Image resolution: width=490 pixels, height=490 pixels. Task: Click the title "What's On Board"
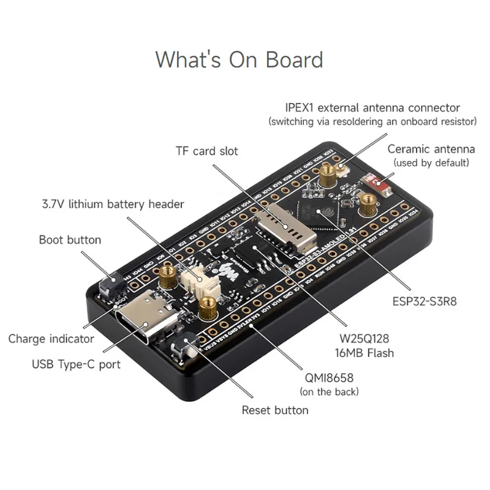(239, 60)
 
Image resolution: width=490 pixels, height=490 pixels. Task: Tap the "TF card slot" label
(207, 151)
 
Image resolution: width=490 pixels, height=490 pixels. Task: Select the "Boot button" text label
(70, 239)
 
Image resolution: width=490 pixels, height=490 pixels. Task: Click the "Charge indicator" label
(51, 339)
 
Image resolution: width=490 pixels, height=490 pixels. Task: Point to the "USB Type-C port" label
(77, 364)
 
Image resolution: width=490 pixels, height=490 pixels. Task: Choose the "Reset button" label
(275, 410)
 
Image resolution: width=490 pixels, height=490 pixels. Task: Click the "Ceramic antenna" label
(431, 149)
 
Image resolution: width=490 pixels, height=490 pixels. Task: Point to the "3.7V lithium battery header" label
(113, 203)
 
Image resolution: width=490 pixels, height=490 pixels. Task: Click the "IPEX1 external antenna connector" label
(372, 108)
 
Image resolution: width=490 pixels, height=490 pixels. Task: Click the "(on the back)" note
(329, 391)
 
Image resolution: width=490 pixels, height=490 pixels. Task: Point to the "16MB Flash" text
(365, 352)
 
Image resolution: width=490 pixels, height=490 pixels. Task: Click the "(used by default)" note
(431, 162)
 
